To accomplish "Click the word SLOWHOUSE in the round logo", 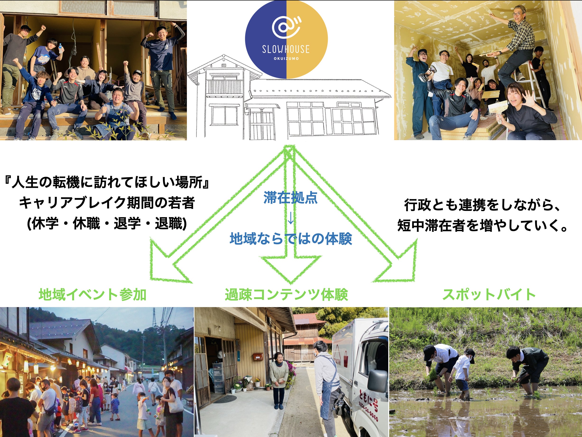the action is (286, 49).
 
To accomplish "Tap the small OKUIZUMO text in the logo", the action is (286, 58).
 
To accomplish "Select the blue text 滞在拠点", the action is (291, 198).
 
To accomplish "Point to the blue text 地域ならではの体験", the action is (291, 239).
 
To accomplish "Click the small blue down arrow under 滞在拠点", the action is (291, 218).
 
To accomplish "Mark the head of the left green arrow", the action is (168, 263).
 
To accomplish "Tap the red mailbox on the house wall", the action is (258, 357).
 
